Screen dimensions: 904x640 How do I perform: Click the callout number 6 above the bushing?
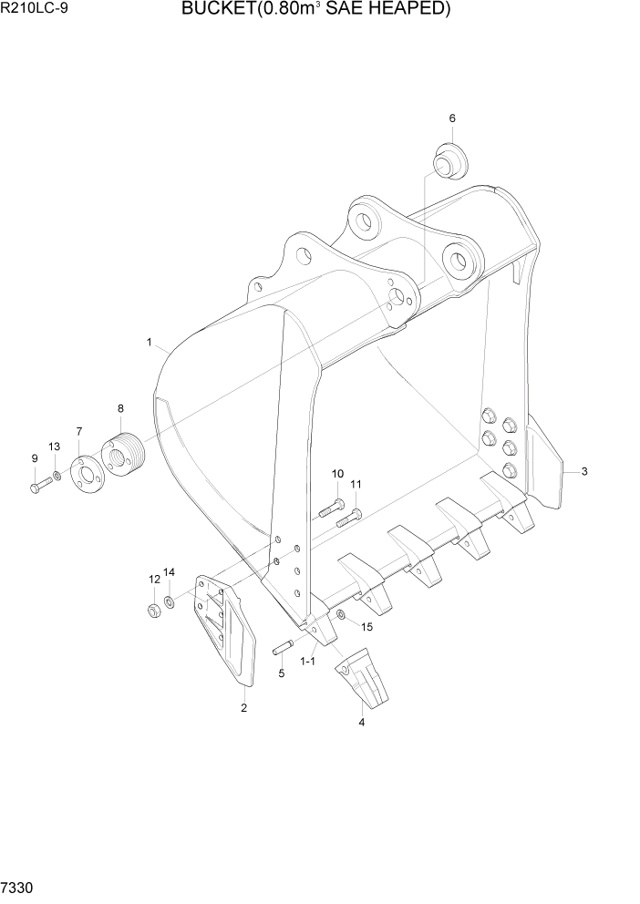point(452,118)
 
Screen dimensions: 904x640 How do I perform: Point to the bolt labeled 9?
point(39,488)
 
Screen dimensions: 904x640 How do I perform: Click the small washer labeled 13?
point(57,476)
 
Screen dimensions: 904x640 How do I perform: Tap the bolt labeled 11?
point(346,519)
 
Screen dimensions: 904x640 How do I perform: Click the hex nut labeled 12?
point(154,609)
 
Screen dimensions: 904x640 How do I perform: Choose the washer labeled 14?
point(170,601)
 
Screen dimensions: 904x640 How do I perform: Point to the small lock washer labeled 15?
point(340,617)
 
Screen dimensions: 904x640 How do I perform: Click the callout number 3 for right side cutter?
point(584,471)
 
